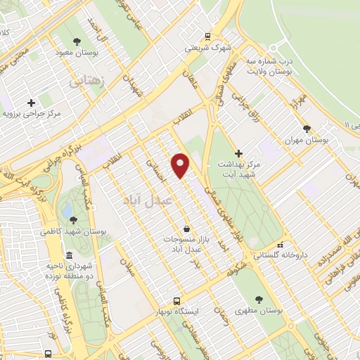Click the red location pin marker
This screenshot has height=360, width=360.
click(181, 164)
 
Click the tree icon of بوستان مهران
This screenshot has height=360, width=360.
click(307, 129)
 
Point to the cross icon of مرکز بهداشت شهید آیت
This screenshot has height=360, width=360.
click(238, 153)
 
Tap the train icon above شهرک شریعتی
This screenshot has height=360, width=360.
click(208, 36)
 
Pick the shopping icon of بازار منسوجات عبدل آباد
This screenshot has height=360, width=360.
click(186, 229)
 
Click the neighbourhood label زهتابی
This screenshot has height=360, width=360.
click(86, 82)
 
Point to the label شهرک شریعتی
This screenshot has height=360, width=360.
click(209, 48)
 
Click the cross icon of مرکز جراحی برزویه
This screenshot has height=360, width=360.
click(31, 103)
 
